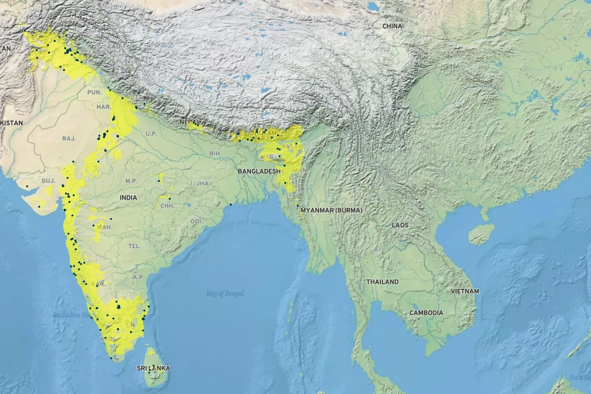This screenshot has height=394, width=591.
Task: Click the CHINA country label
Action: [392, 26]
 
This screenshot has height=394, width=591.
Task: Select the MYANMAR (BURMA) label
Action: [332, 210]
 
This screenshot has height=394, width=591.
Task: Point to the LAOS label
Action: [400, 225]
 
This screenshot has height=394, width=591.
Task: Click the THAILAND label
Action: [382, 282]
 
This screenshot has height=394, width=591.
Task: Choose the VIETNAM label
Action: [465, 291]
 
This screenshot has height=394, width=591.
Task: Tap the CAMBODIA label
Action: [426, 313]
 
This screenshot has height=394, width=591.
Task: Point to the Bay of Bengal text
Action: [225, 293]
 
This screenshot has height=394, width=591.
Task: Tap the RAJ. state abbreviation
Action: [69, 139]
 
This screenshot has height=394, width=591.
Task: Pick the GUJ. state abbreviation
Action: [48, 180]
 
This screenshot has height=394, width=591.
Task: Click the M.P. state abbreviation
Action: [131, 181]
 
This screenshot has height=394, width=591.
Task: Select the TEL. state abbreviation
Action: [135, 246]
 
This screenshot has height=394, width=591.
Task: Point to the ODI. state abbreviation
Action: [197, 221]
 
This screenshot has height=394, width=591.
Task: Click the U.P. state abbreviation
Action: [152, 134]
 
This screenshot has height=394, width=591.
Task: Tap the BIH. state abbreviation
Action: [215, 153]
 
